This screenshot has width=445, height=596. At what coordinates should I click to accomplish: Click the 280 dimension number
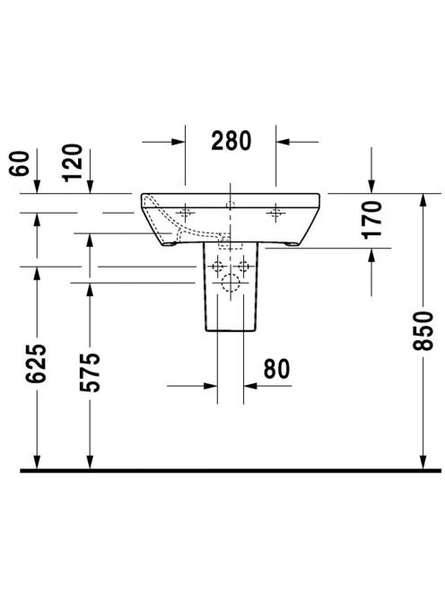pos(231,140)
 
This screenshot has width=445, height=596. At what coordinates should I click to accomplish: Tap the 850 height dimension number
pos(423,330)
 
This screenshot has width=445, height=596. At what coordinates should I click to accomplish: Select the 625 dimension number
pos(37,363)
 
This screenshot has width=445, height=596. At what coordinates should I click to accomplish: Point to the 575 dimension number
pos(90,372)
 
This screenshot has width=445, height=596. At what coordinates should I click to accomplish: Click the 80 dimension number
pos(276,369)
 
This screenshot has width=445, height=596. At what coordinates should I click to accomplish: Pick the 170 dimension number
pos(372,219)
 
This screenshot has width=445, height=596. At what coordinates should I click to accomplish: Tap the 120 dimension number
pos(73,162)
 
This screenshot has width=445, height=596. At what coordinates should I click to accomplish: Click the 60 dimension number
pos(19,163)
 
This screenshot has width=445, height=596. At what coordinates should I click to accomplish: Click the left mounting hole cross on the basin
pos(185,213)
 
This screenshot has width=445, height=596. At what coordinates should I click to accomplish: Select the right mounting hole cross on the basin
pos(276,213)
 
